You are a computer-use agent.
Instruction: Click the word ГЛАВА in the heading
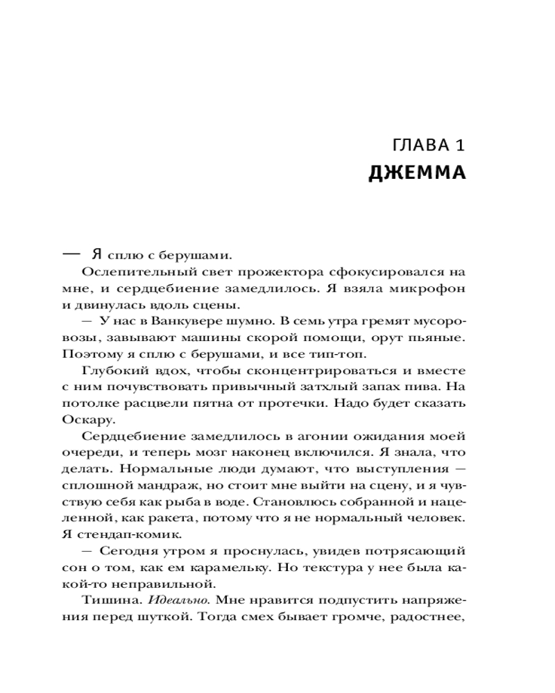[419, 148]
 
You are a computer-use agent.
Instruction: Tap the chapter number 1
[459, 148]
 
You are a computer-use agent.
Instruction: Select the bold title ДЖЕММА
[417, 172]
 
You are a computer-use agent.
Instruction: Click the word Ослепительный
[125, 271]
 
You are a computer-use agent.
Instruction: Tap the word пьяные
[439, 337]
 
